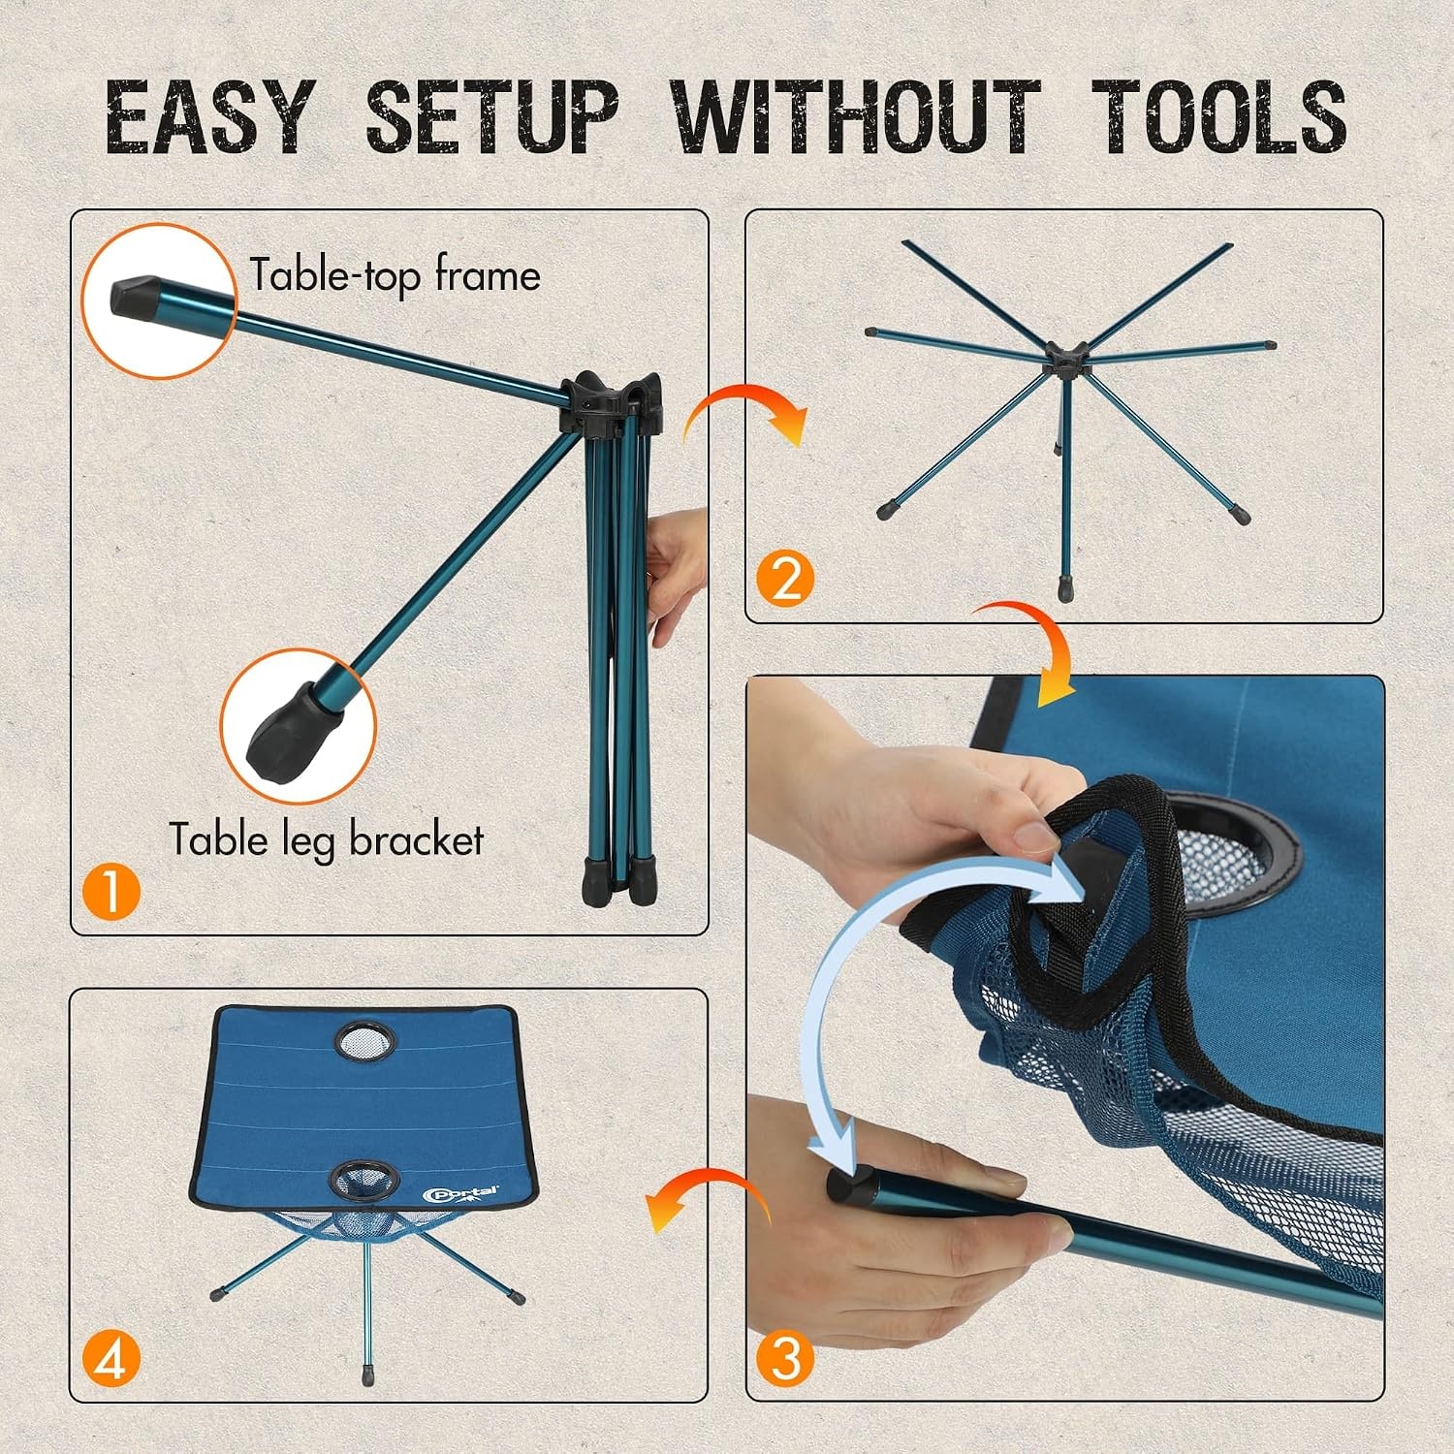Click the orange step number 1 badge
111,891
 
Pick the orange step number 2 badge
785,579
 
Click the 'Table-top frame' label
395,275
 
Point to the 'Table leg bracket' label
327,839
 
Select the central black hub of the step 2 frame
1065,361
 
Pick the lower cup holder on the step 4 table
364,1181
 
